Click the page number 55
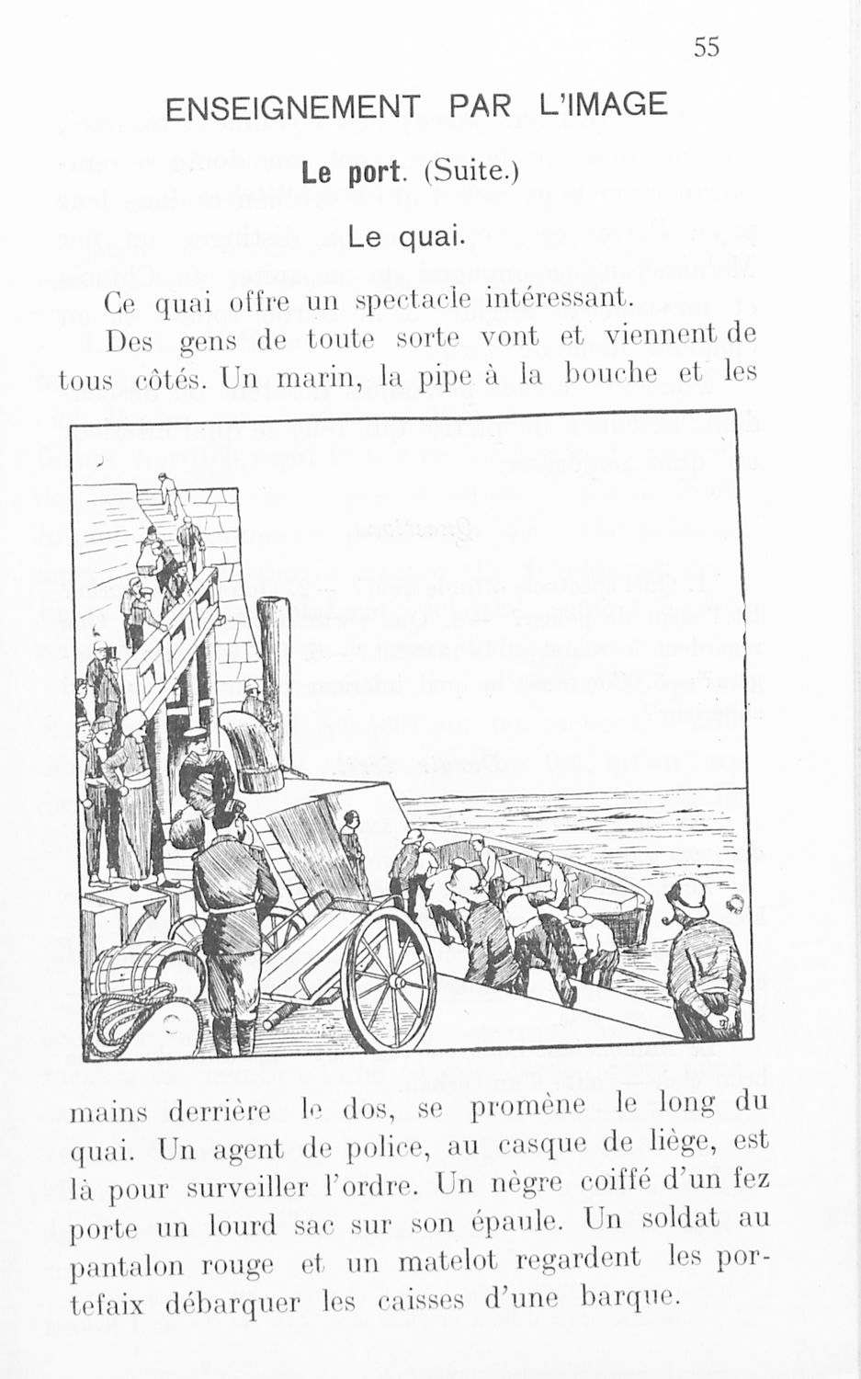707,46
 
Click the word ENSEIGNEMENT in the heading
291,108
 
